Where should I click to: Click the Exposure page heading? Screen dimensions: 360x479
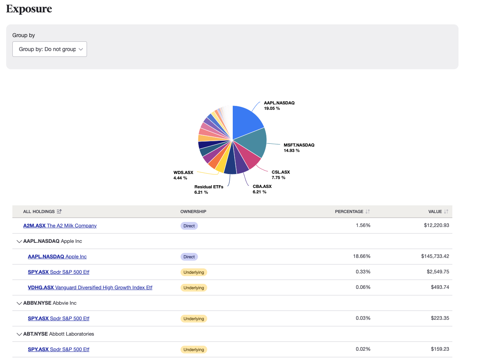pos(29,9)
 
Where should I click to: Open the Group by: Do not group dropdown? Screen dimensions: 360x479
pos(49,49)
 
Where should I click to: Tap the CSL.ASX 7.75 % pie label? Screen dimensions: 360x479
pos(280,175)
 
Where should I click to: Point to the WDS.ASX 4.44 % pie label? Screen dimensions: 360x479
pos(183,175)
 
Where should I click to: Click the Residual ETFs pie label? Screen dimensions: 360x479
pos(209,189)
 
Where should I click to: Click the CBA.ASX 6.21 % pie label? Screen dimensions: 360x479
pos(262,189)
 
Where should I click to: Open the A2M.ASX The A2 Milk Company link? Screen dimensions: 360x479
pos(60,225)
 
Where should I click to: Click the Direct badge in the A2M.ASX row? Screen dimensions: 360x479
pos(189,225)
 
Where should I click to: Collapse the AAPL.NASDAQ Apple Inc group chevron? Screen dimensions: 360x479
pos(19,241)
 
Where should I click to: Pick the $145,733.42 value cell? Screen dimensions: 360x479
pos(435,256)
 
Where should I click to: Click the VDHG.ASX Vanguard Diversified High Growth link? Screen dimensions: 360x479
pos(90,287)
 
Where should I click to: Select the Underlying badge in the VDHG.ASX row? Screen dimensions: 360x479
pos(194,288)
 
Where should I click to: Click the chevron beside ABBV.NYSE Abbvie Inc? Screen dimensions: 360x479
pos(19,303)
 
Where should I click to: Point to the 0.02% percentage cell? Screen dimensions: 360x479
pos(363,349)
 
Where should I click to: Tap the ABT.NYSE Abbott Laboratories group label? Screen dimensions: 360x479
pos(58,334)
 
